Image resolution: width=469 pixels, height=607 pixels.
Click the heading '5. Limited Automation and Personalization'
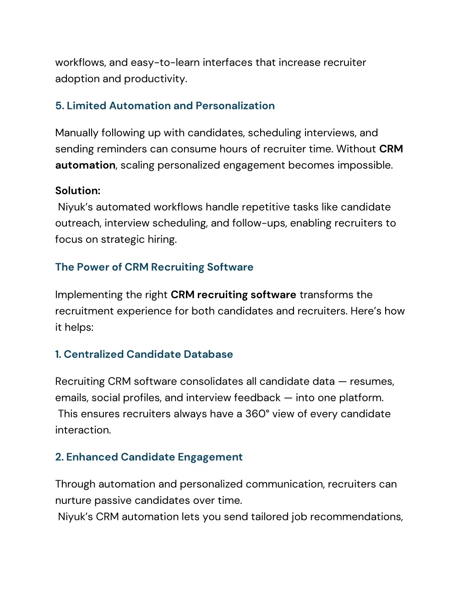pos(165,106)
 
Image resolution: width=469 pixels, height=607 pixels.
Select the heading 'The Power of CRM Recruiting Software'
pos(154,267)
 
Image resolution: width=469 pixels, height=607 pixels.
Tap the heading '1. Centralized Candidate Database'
pos(144,354)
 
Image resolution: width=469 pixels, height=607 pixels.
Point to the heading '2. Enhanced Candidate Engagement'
pos(149,457)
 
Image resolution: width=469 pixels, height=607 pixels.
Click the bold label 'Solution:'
pos(78,191)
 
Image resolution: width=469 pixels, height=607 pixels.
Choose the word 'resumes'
pos(371,381)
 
